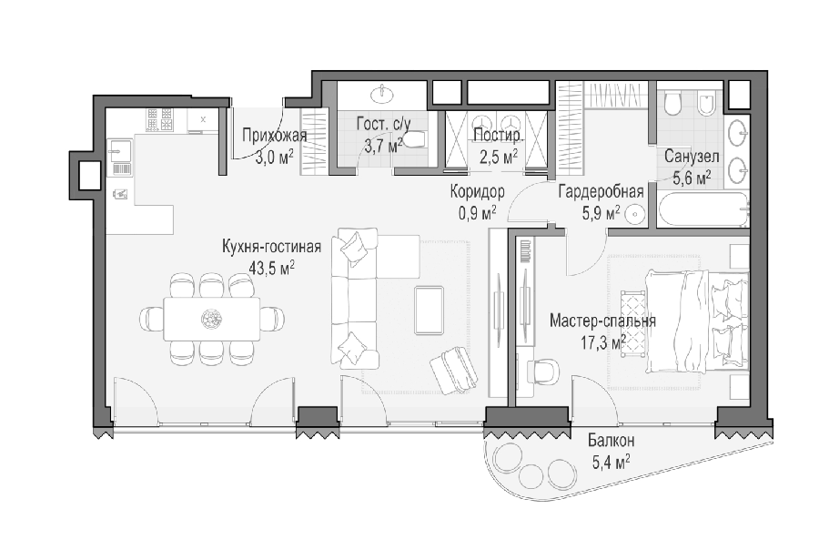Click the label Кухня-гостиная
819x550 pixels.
[271, 247]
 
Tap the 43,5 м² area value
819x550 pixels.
[271, 269]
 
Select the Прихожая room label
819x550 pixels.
[274, 136]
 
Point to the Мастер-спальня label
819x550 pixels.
[602, 321]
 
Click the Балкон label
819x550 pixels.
[612, 441]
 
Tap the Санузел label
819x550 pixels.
[692, 157]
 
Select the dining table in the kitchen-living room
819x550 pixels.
[212, 319]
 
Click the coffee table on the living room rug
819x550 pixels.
[430, 310]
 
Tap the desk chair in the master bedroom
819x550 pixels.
[543, 372]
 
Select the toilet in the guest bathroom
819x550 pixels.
[415, 140]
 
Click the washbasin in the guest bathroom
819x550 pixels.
[384, 95]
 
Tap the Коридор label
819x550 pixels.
[478, 192]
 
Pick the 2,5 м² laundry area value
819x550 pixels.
[499, 157]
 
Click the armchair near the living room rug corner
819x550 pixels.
[453, 371]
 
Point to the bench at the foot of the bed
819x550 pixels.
[632, 323]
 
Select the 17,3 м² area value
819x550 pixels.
[602, 343]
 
